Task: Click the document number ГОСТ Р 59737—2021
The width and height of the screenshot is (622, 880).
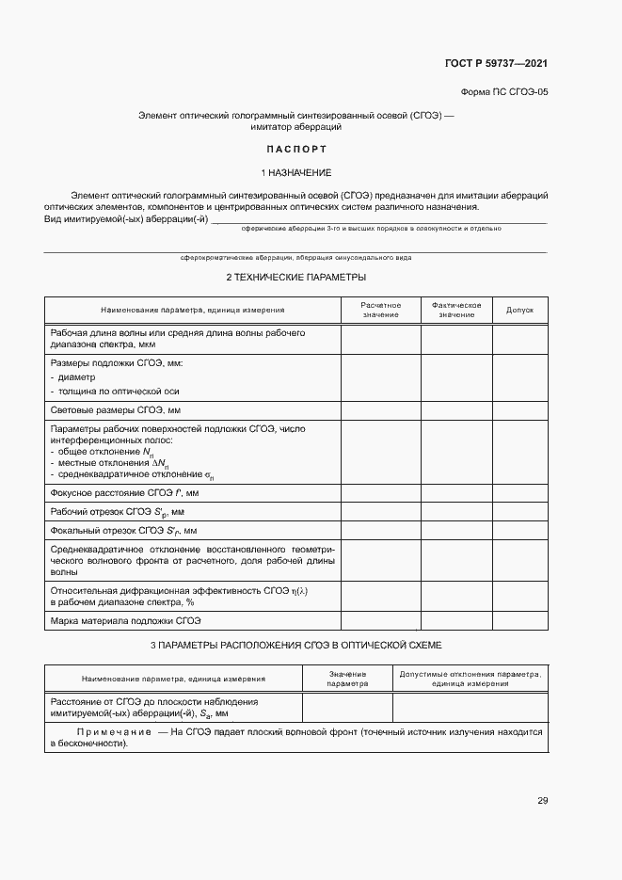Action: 496,64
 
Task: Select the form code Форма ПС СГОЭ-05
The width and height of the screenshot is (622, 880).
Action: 503,93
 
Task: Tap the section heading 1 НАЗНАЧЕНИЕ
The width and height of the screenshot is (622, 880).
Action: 295,173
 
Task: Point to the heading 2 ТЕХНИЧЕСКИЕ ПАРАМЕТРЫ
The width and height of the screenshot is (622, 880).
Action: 295,278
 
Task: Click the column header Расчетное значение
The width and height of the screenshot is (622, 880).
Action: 380,310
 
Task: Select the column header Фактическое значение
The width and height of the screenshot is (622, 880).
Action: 456,310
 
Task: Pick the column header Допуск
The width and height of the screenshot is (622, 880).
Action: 519,310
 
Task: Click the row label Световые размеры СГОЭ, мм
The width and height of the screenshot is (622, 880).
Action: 114,410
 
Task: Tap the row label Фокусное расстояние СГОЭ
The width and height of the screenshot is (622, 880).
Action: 124,492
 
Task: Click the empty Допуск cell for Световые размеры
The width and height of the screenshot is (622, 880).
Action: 519,410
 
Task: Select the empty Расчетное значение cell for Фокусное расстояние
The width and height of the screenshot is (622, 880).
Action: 380,492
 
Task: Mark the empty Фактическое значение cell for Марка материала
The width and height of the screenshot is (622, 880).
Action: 456,621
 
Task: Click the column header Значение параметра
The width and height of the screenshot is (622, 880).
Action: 346,679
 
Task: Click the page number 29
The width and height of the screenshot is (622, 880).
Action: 542,801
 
